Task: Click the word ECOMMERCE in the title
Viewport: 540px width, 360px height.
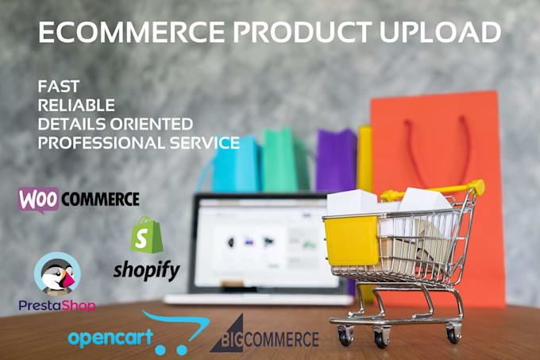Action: click(x=132, y=32)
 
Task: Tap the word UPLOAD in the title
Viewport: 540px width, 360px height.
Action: click(x=440, y=32)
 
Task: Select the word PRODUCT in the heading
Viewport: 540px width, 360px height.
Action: click(x=303, y=32)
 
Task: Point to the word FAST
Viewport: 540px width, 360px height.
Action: click(x=59, y=86)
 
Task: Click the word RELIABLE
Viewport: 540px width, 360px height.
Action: click(x=76, y=105)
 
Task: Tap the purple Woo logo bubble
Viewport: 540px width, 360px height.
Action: click(x=39, y=199)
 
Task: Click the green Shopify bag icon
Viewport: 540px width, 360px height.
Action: click(x=147, y=235)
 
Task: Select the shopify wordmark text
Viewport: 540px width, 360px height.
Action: click(x=147, y=271)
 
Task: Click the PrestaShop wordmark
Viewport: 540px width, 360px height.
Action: click(x=57, y=306)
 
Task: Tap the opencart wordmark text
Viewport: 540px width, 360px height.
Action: click(x=110, y=338)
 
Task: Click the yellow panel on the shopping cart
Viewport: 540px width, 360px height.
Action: click(x=351, y=241)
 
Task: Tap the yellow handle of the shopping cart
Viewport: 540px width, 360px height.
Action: click(x=434, y=190)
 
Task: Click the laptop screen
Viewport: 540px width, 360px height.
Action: click(x=264, y=243)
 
